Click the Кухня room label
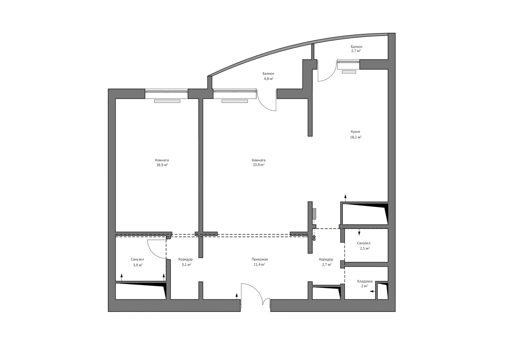click(x=355, y=132)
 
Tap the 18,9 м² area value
click(x=162, y=165)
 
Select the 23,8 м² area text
click(x=258, y=165)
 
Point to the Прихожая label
click(x=260, y=259)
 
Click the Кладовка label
click(x=365, y=281)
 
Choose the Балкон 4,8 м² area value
click(x=269, y=78)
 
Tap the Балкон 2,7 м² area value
click(x=356, y=51)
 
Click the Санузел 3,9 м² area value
click(x=138, y=265)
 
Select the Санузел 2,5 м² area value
click(x=365, y=248)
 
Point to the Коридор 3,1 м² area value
click(x=186, y=265)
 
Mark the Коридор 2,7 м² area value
click(x=326, y=265)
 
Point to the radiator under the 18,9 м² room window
click(x=167, y=101)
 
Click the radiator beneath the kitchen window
click(x=349, y=72)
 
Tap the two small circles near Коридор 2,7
click(x=314, y=238)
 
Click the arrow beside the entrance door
click(x=237, y=296)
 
